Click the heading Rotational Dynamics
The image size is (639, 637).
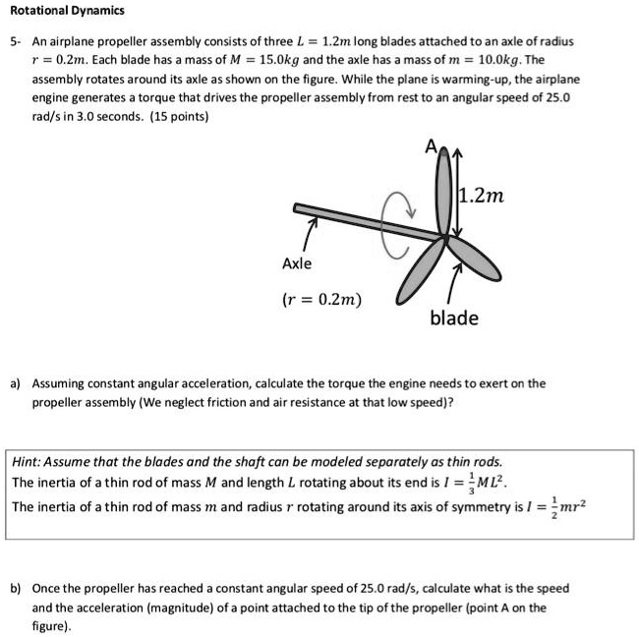pos(68,11)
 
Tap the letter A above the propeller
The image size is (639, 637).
pos(430,147)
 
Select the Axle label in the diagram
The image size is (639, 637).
pos(297,263)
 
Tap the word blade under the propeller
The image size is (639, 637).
pos(454,318)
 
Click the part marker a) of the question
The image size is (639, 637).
pos(16,383)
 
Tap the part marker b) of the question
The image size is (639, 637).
pos(16,589)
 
